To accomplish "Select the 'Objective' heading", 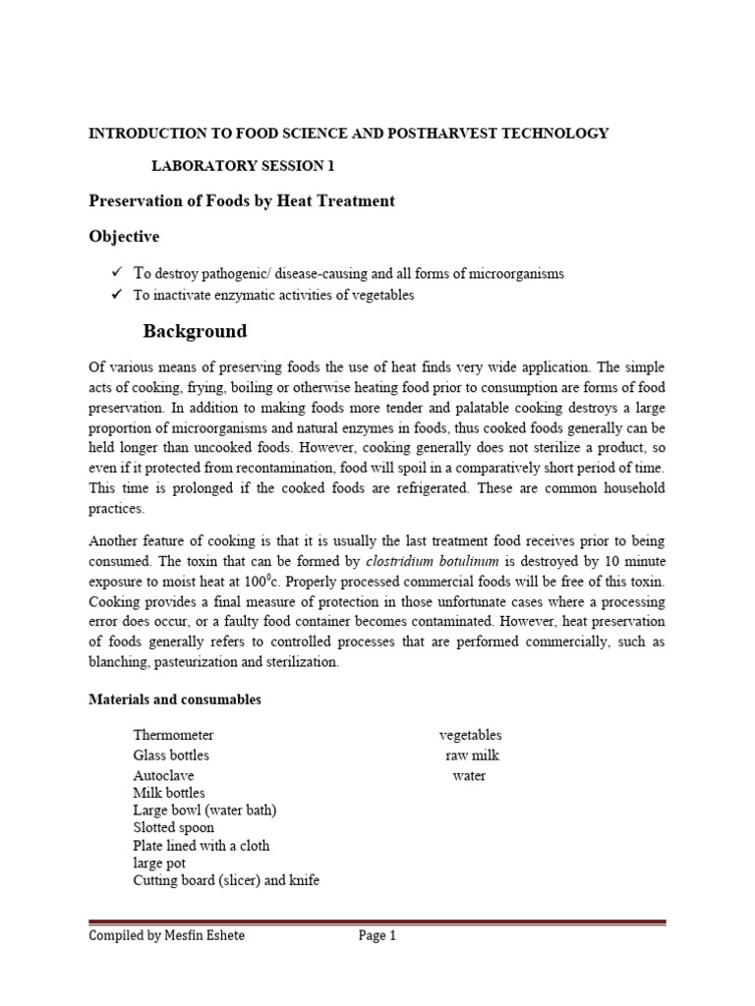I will (124, 237).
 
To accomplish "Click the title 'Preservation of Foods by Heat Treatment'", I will (242, 200).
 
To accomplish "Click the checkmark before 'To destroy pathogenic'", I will (115, 273).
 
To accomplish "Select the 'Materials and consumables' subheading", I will (175, 699).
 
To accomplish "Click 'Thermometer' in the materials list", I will (173, 735).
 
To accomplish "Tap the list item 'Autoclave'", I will (163, 775).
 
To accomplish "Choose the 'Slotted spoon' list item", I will (173, 827).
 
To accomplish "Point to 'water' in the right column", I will (469, 776).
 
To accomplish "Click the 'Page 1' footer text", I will (377, 936).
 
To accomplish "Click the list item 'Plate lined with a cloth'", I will (201, 845).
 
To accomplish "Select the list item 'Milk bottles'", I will (170, 792).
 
